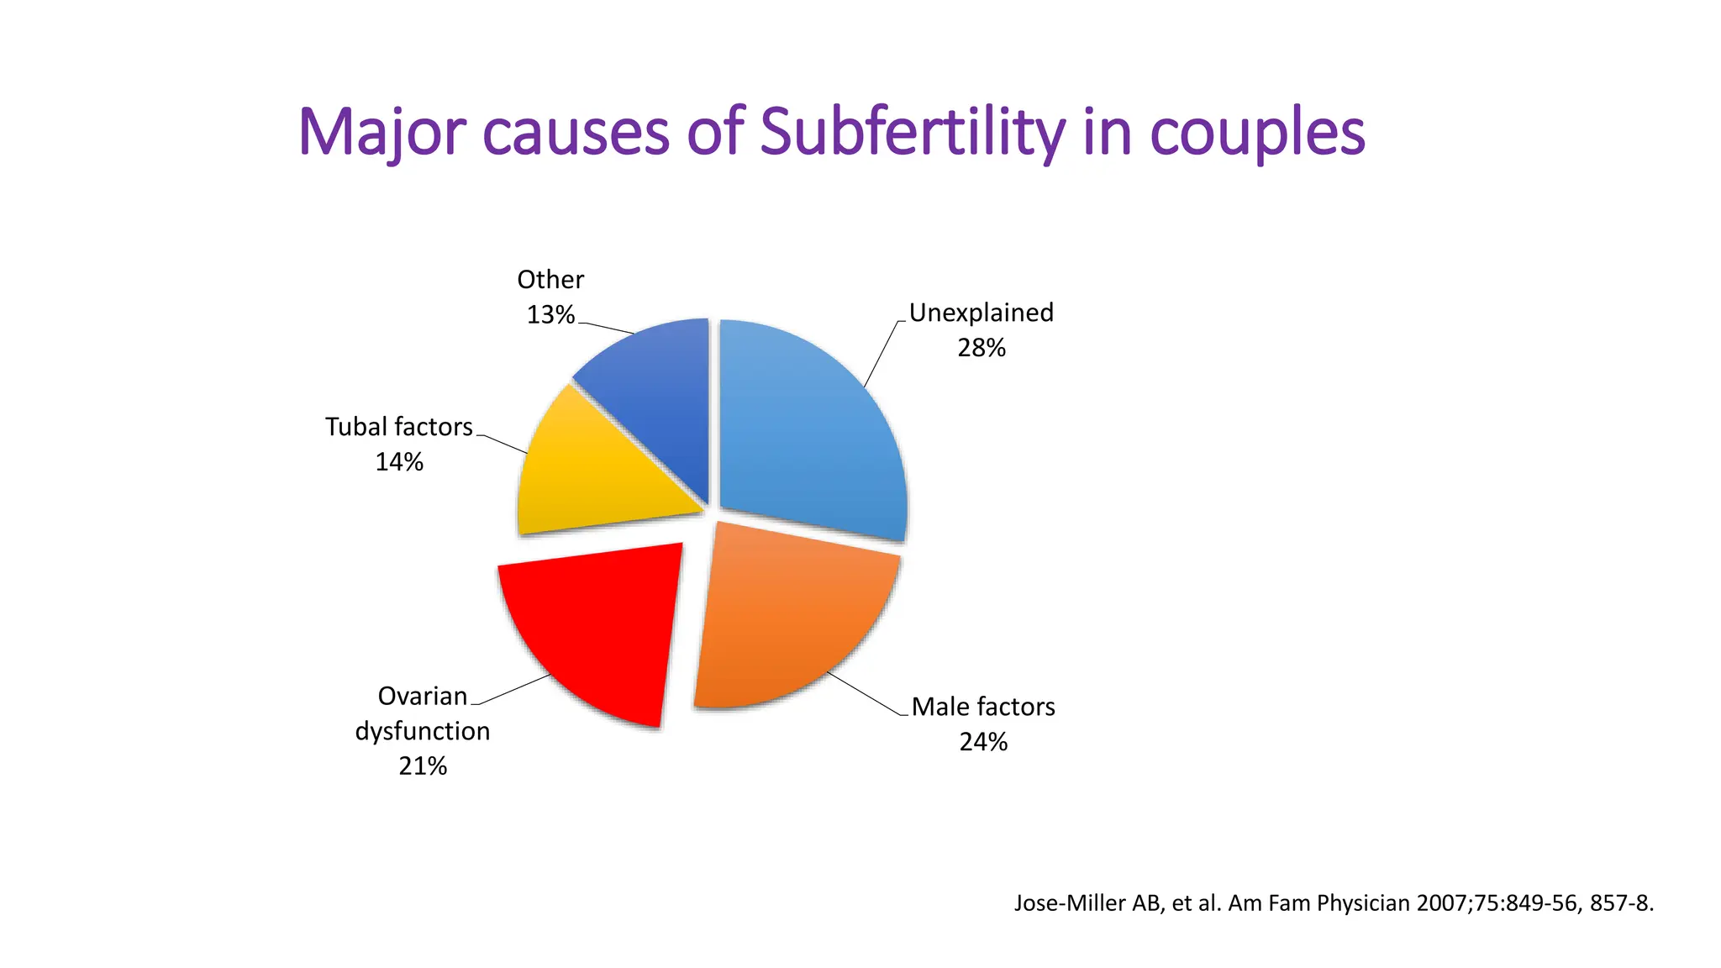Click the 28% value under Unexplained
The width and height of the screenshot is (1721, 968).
pos(981,348)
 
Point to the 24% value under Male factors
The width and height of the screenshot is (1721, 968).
pos(983,742)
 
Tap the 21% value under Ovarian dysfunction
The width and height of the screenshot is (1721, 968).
pos(423,766)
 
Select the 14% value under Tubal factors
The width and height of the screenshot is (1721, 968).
pos(399,462)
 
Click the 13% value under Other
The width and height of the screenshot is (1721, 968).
pos(550,315)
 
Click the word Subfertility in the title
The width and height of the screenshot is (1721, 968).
pos(912,132)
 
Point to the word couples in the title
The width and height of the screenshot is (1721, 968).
pos(1256,132)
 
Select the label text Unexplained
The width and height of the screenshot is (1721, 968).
pos(981,313)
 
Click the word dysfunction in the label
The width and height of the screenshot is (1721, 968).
pos(423,731)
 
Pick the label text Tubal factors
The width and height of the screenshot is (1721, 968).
pos(399,427)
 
